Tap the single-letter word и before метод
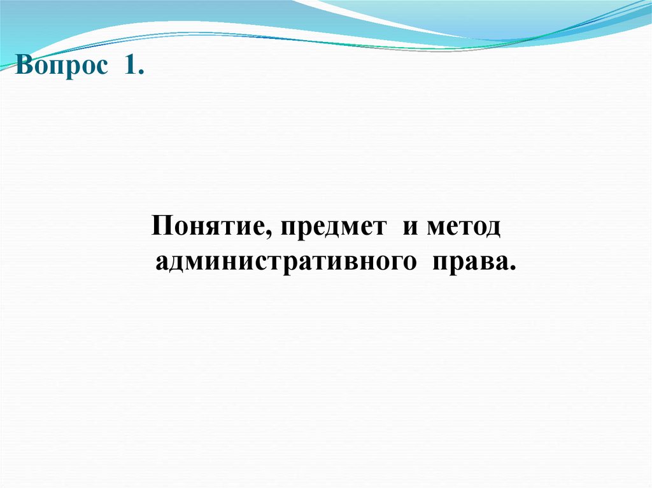(409, 228)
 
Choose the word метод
(464, 228)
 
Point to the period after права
(511, 269)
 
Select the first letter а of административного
(162, 263)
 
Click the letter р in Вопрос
(74, 69)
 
